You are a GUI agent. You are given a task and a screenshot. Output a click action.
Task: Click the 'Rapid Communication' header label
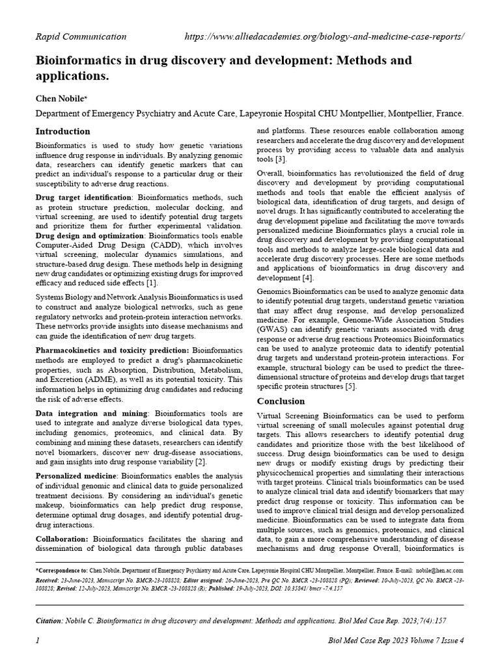(81, 36)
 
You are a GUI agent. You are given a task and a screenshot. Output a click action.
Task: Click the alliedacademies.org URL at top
(324, 36)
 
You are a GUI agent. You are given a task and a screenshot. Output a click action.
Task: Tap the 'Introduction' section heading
(62, 131)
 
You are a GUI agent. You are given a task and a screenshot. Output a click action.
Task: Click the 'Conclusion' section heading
(281, 401)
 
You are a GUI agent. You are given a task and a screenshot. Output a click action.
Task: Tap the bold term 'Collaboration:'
(61, 539)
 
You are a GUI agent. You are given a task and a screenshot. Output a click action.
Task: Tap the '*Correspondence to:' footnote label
(62, 568)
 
